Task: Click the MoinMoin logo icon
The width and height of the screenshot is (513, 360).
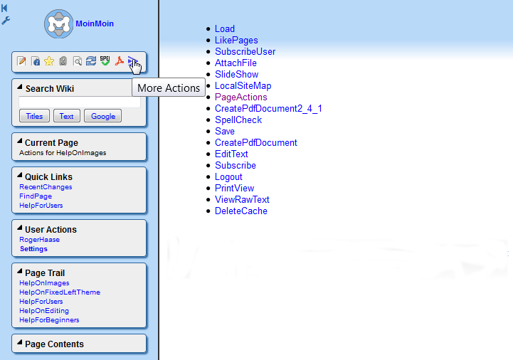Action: pos(59,23)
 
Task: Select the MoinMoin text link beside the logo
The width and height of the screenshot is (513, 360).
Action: pos(95,23)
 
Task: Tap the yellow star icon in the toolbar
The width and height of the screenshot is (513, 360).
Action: pos(49,61)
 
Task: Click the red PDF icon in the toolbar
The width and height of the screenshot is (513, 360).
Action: pos(119,61)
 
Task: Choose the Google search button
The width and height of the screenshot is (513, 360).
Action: pos(102,116)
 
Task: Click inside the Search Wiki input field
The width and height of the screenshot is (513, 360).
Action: pos(80,102)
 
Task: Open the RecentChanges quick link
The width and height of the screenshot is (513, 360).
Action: pos(46,187)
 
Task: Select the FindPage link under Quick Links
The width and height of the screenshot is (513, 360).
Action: pos(36,196)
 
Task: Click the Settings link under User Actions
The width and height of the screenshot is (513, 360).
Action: pos(33,249)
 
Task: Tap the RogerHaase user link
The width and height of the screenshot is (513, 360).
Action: pos(39,240)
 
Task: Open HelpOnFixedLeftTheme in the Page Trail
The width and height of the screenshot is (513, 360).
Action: pos(60,292)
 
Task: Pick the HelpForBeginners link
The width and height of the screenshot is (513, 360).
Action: pos(49,319)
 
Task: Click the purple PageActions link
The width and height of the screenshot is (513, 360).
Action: pos(240,97)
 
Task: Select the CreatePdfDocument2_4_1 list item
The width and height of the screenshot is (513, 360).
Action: pos(268,108)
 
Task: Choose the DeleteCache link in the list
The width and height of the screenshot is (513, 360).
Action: pos(240,211)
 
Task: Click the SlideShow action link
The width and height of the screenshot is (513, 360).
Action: pos(236,74)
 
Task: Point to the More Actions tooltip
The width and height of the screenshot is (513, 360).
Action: pos(169,88)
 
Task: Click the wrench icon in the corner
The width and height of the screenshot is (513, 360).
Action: pos(6,21)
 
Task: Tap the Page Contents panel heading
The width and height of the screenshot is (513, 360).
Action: pos(54,344)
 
